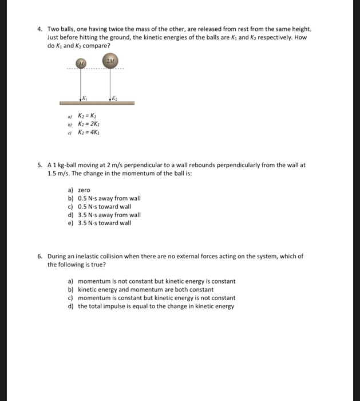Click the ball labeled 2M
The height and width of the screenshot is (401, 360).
click(110, 62)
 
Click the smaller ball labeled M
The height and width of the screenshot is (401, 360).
click(82, 63)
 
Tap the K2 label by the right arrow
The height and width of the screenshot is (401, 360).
click(114, 96)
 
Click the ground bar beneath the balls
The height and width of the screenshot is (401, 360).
click(97, 103)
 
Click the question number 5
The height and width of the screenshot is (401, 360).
click(39, 165)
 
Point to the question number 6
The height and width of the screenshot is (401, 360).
click(39, 256)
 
